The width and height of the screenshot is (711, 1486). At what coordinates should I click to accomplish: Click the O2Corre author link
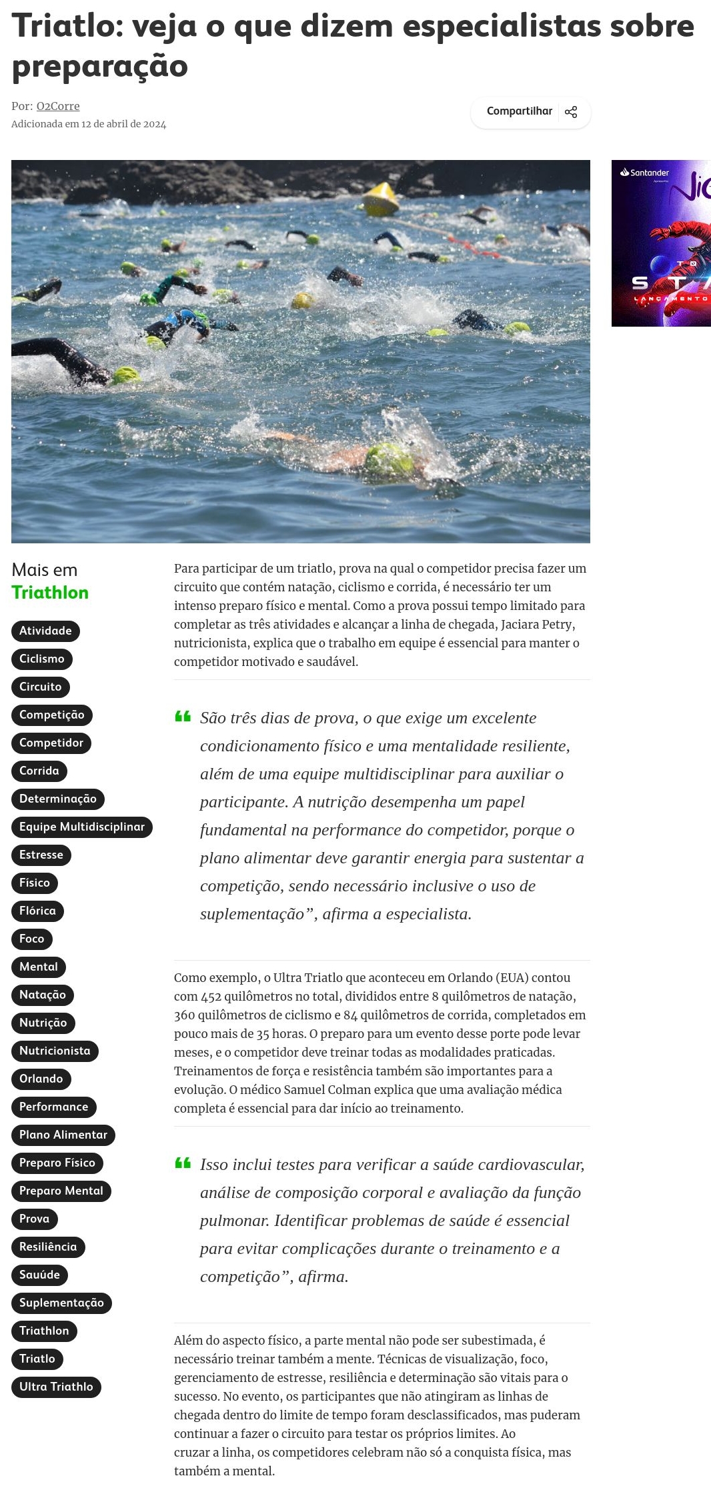point(58,106)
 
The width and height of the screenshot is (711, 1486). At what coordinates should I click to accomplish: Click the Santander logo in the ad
point(645,173)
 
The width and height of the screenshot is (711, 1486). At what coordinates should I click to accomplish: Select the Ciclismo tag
point(41,659)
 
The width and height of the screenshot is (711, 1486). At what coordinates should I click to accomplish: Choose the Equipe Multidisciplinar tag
point(81,827)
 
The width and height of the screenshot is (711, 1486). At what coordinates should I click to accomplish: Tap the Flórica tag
point(37,911)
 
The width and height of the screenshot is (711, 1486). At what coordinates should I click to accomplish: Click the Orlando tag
point(41,1079)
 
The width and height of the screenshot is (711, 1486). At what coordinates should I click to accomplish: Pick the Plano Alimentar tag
point(63,1135)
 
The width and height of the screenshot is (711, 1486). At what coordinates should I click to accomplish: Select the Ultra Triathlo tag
point(56,1387)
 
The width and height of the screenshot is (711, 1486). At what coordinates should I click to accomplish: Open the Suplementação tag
point(61,1303)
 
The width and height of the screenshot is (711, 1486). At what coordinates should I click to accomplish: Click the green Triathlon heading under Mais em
point(50,593)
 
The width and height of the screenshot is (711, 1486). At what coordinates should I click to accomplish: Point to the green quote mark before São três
point(183,717)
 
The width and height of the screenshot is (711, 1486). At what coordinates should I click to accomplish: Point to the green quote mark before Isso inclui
point(183,1163)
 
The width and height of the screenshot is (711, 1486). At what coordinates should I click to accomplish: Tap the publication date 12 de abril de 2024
point(123,124)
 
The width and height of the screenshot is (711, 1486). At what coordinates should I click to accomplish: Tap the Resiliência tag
point(48,1247)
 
